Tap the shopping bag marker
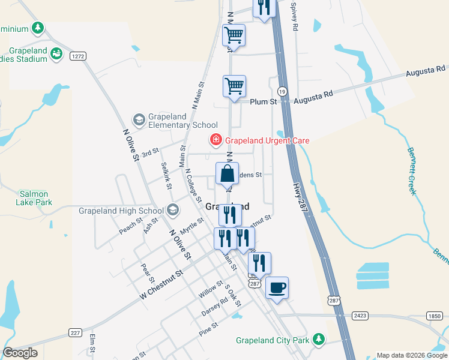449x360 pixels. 228,175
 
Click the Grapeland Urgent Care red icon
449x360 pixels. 215,140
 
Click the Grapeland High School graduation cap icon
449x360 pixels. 173,210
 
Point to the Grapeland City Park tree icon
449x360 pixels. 319,340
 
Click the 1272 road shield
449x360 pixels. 77,56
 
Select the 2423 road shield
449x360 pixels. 360,314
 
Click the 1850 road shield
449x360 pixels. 435,316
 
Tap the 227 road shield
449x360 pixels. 75,332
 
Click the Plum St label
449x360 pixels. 263,102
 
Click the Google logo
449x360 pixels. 20,353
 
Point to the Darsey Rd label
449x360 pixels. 214,307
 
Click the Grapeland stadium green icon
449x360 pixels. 56,54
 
